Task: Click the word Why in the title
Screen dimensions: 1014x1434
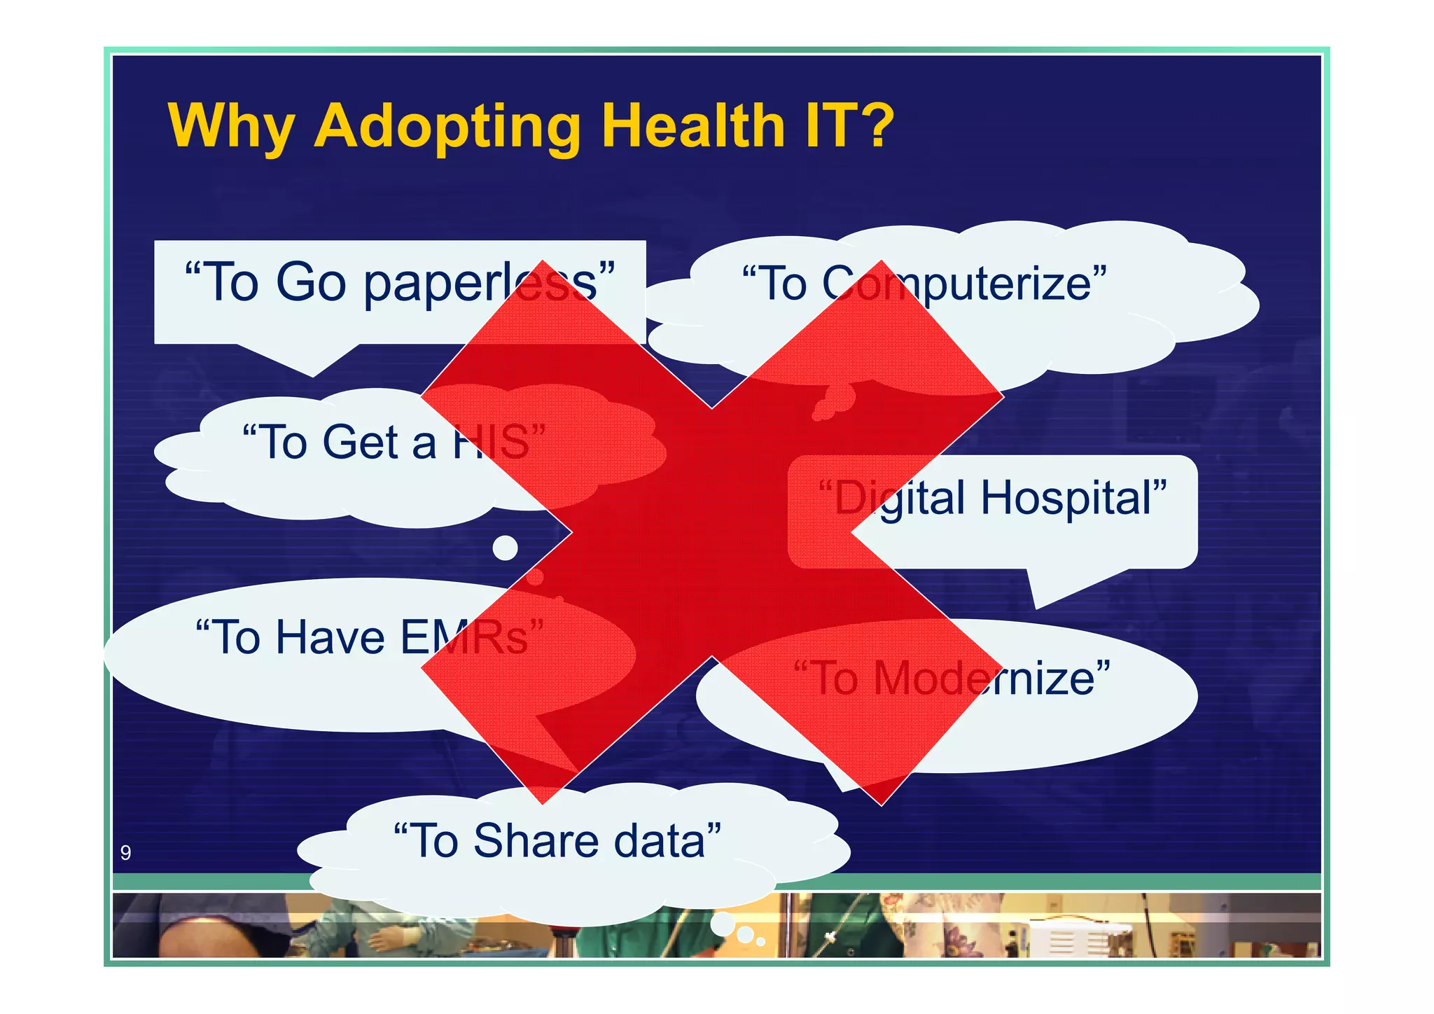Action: tap(231, 127)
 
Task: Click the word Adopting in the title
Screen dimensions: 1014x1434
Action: tap(447, 127)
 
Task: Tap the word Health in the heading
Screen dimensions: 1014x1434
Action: tap(693, 126)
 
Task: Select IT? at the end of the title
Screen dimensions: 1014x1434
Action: tap(849, 126)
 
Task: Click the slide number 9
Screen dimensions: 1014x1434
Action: tap(125, 852)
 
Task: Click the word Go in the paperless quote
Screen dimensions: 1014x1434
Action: tap(311, 282)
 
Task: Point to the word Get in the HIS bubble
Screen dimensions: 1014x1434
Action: tap(359, 442)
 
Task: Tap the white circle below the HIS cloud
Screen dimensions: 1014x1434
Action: tap(505, 548)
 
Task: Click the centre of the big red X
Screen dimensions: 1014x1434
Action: tap(712, 532)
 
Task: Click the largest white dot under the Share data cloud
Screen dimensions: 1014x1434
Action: tap(723, 924)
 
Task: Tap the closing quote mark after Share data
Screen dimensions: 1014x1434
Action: tap(715, 827)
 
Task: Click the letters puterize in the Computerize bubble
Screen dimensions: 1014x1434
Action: tap(1008, 284)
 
